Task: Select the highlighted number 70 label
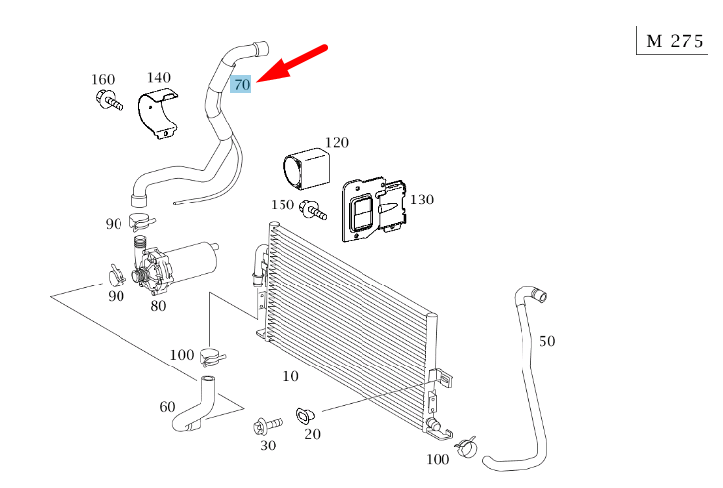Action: (x=242, y=85)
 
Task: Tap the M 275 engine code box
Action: (x=674, y=41)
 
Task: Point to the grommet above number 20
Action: (x=305, y=417)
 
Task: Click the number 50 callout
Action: (x=547, y=341)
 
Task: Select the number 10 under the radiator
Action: (x=290, y=376)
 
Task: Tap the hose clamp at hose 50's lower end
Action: (x=465, y=448)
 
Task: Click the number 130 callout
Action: (x=421, y=200)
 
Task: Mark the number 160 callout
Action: (x=103, y=80)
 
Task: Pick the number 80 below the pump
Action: (x=158, y=305)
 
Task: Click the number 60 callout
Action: (x=167, y=406)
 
